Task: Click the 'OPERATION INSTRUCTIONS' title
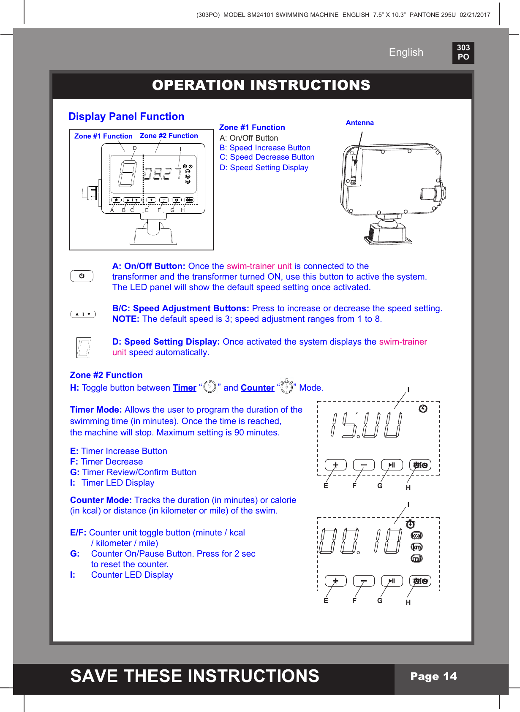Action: tap(261, 85)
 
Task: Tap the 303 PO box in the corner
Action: tap(463, 52)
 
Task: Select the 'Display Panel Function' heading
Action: tap(126, 117)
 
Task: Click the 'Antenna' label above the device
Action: tap(359, 123)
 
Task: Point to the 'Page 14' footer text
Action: tap(433, 677)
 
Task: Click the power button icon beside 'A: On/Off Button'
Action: tap(82, 276)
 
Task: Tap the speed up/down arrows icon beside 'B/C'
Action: tap(83, 314)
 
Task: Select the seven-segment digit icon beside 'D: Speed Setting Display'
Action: tap(84, 348)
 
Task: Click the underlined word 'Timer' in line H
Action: tap(185, 388)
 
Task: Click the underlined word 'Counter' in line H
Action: tap(257, 388)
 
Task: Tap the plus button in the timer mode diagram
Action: tap(335, 465)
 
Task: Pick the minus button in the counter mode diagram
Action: tap(364, 581)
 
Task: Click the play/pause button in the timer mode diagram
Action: tap(392, 465)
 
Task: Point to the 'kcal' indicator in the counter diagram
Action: tap(417, 535)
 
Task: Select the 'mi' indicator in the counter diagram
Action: tap(417, 559)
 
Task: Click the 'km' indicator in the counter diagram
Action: tap(417, 547)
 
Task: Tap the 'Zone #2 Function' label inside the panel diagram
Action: tap(169, 136)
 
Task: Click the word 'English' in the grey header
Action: tap(406, 52)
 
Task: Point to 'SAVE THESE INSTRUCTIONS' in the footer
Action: tap(195, 676)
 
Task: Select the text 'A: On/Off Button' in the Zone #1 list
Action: tap(249, 138)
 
